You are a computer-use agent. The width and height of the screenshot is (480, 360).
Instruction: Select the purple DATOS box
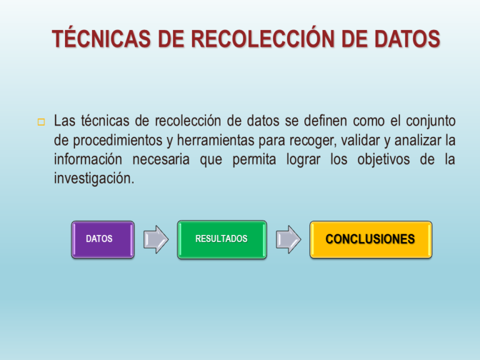pyautogui.click(x=102, y=239)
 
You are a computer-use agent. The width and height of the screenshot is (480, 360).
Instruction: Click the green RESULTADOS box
pyautogui.click(x=221, y=239)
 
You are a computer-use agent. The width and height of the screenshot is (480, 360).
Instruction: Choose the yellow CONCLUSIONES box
pyautogui.click(x=371, y=239)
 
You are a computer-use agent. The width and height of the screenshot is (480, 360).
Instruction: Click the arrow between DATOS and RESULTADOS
pyautogui.click(x=156, y=239)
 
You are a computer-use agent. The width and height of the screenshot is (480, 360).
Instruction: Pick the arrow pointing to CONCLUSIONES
pyautogui.click(x=288, y=239)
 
